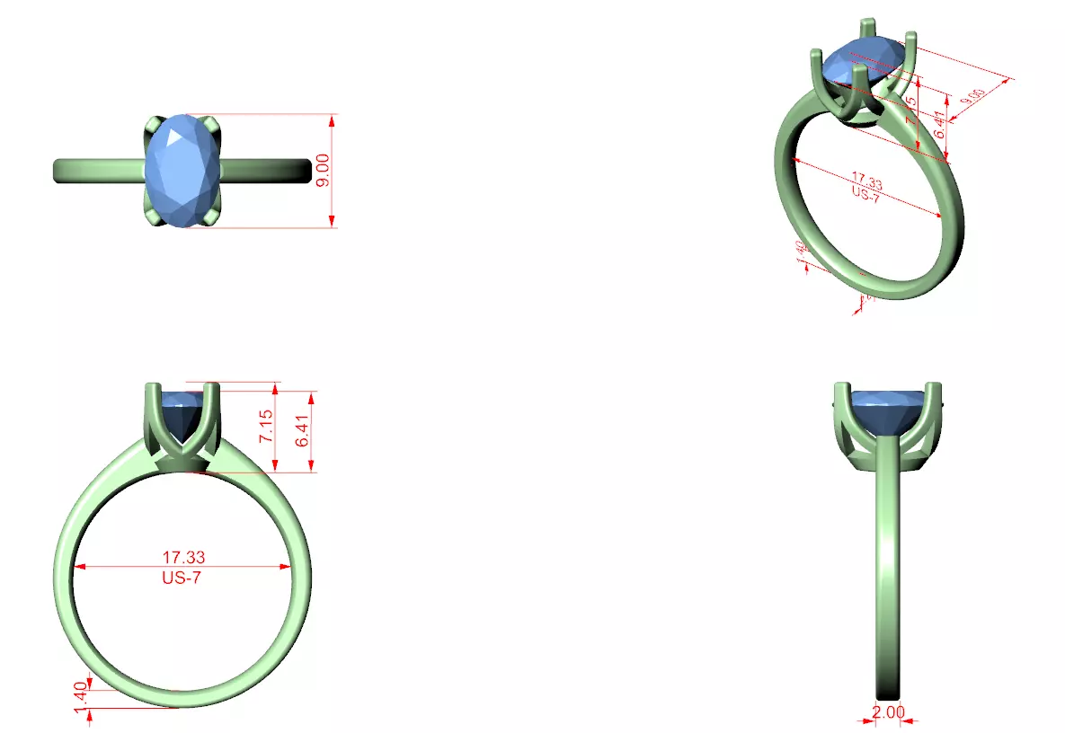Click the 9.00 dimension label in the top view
(x=324, y=170)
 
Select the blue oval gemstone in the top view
(x=183, y=170)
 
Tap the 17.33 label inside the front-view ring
(x=183, y=559)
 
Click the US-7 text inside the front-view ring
(x=182, y=578)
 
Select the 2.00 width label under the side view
(x=888, y=711)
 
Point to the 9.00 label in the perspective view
(x=972, y=99)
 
